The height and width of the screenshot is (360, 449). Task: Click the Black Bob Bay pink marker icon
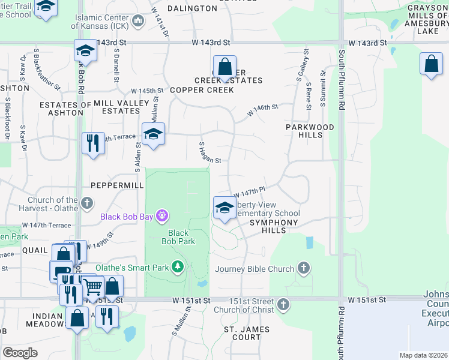point(161,215)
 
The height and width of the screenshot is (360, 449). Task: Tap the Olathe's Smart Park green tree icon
point(177,266)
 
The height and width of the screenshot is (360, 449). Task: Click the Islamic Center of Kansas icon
point(137,22)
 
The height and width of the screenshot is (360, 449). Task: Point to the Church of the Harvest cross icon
point(87,203)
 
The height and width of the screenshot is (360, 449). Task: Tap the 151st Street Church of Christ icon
point(283,305)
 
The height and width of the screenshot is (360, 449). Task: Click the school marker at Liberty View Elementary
point(224,208)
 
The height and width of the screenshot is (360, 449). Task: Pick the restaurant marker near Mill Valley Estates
point(93,143)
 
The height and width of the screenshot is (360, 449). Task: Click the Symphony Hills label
point(274,223)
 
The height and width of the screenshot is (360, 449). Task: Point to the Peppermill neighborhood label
point(117,186)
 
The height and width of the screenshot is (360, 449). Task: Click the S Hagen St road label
point(210,153)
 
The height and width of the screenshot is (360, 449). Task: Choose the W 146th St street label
point(262,110)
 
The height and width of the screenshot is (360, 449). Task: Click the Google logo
point(20,352)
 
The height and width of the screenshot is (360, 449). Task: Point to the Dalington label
point(192,8)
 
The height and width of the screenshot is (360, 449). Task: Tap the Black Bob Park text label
point(178,237)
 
